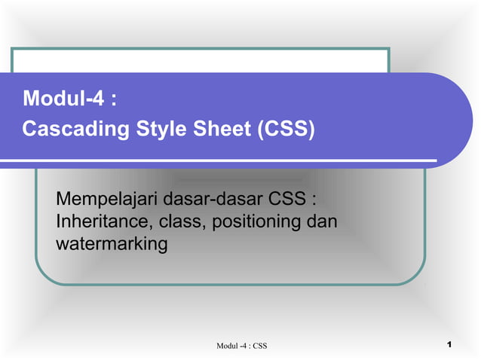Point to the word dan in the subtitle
321,223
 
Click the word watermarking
112,244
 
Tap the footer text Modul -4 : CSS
242,346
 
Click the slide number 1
449,345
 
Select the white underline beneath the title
226,160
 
